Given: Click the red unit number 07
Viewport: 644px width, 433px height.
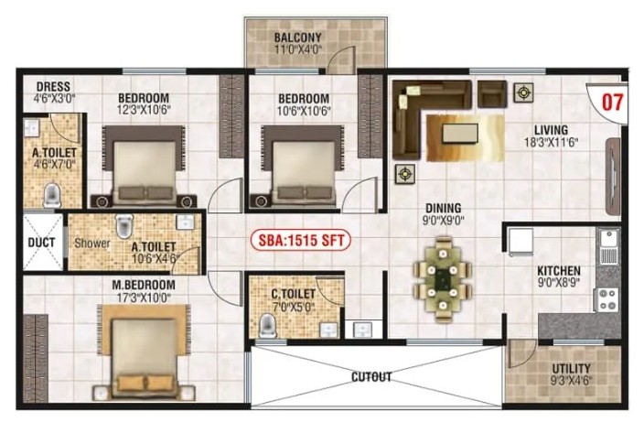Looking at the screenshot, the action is coord(612,103).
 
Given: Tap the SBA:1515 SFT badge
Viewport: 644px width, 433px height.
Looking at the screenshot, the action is coord(301,241).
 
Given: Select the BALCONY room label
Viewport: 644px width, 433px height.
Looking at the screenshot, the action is coord(298,38).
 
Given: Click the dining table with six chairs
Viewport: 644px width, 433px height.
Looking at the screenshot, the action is coord(443,279).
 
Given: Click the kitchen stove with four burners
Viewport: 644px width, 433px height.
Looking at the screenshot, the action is coord(607,299).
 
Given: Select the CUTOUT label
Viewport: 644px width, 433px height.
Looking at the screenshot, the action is coord(371,377).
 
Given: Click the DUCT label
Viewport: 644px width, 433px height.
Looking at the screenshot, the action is coord(41,243).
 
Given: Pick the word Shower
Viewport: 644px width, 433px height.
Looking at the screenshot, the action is coord(92,244).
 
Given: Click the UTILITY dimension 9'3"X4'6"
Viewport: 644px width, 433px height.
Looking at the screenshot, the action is coord(572,381).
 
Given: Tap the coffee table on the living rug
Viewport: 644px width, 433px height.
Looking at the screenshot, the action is coord(460,134).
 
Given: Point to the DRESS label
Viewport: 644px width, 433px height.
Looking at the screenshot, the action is coord(53,87).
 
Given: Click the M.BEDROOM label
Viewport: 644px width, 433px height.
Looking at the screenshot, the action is coord(144,285).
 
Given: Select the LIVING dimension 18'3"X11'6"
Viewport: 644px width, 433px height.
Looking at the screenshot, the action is coord(552,143).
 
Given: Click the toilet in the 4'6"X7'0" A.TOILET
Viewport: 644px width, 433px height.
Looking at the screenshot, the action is coord(52,195).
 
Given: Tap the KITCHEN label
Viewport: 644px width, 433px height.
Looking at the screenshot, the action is coord(559,271).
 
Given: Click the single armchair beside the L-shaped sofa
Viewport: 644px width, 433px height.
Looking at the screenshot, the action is coord(492,94).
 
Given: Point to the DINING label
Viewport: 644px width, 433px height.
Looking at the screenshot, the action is coord(443,209).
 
